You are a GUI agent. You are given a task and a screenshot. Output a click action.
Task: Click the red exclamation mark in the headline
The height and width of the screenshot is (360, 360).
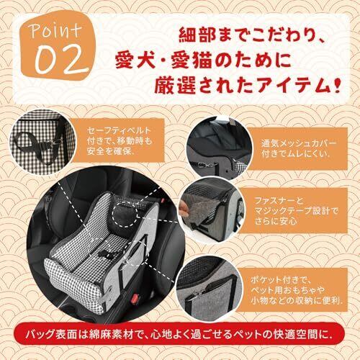(336, 84)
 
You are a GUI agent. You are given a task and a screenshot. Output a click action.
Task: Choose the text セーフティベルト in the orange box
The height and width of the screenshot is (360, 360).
(120, 130)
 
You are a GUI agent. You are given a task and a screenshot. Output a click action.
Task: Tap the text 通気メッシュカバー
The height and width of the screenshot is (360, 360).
(299, 143)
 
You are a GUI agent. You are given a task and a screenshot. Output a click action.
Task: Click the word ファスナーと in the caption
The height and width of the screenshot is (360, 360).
(279, 201)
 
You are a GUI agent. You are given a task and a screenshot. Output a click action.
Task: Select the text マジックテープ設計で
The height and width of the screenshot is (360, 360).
(296, 211)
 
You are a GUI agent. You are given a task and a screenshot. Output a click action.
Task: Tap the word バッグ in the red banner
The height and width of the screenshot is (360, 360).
(39, 335)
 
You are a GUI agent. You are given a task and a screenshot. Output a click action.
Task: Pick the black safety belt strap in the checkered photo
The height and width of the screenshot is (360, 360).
(36, 146)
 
